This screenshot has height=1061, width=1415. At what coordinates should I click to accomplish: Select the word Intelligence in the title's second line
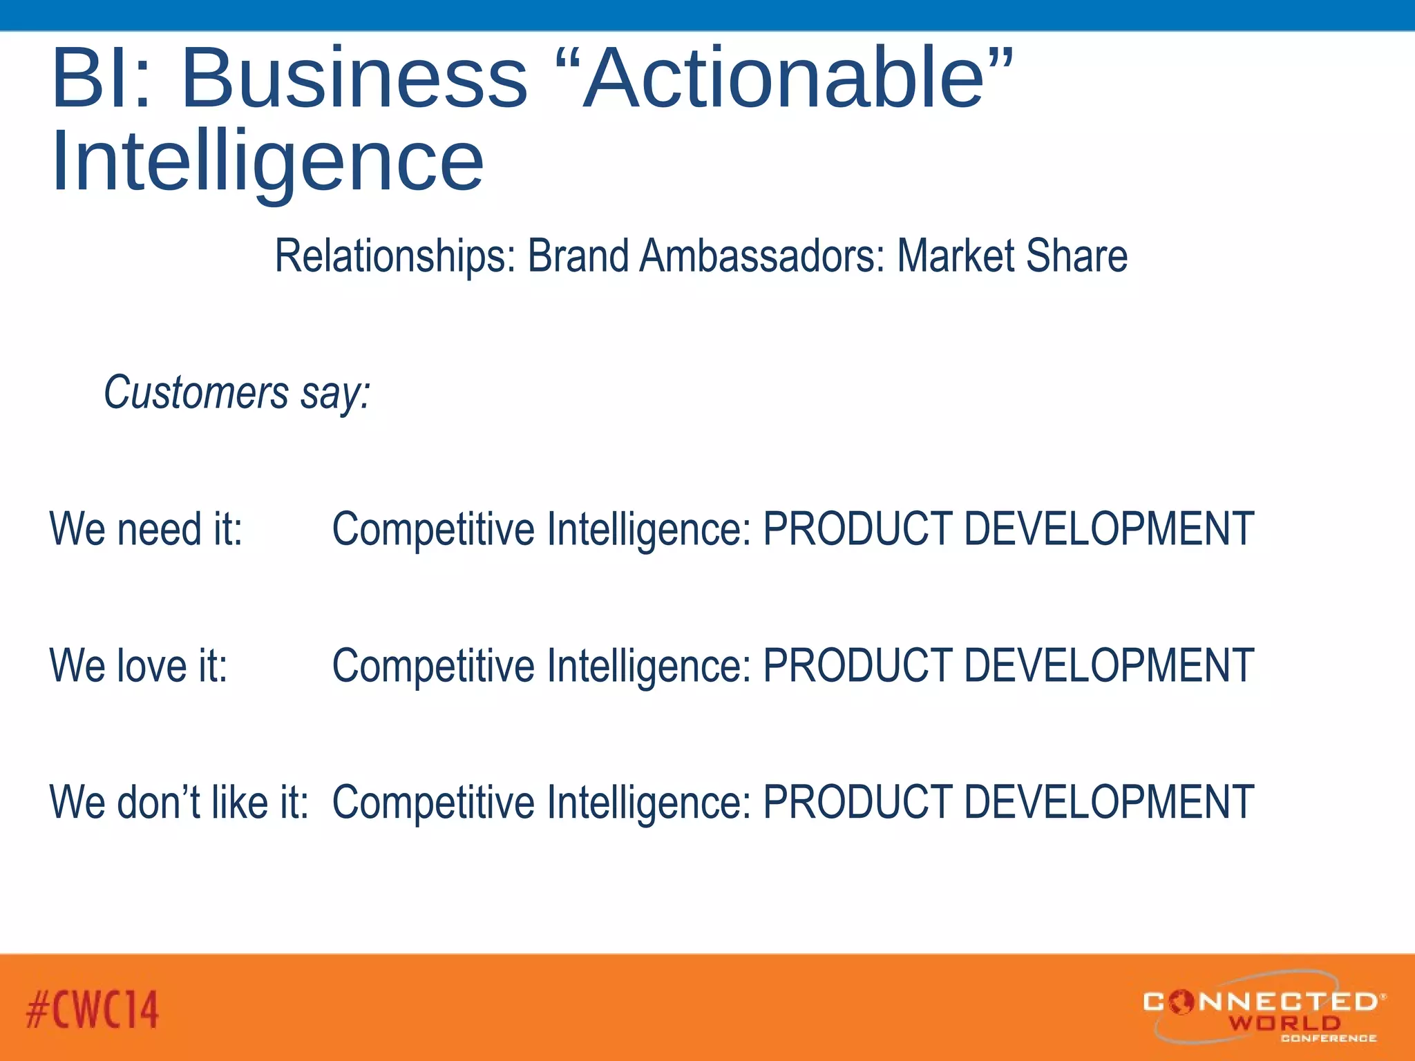[x=267, y=162]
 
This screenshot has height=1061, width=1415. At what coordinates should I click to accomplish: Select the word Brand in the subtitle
[x=578, y=256]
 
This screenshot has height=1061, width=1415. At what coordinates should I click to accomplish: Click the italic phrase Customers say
[x=237, y=392]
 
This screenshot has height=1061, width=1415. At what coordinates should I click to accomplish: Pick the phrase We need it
[x=146, y=529]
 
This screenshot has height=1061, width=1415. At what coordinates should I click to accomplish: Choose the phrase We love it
[x=138, y=666]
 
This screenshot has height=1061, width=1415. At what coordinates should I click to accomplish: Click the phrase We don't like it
[x=179, y=803]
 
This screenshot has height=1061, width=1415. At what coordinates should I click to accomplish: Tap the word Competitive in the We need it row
[x=433, y=529]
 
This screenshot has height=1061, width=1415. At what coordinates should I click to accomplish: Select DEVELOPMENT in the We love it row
[x=1108, y=666]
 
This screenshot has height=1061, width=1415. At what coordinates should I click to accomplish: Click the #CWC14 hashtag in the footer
[x=93, y=1009]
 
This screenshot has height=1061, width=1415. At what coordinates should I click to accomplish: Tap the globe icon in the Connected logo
[x=1182, y=1001]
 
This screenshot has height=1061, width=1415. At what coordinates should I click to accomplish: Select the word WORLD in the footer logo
[x=1284, y=1022]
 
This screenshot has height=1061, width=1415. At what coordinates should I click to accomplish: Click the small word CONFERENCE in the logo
[x=1328, y=1038]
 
